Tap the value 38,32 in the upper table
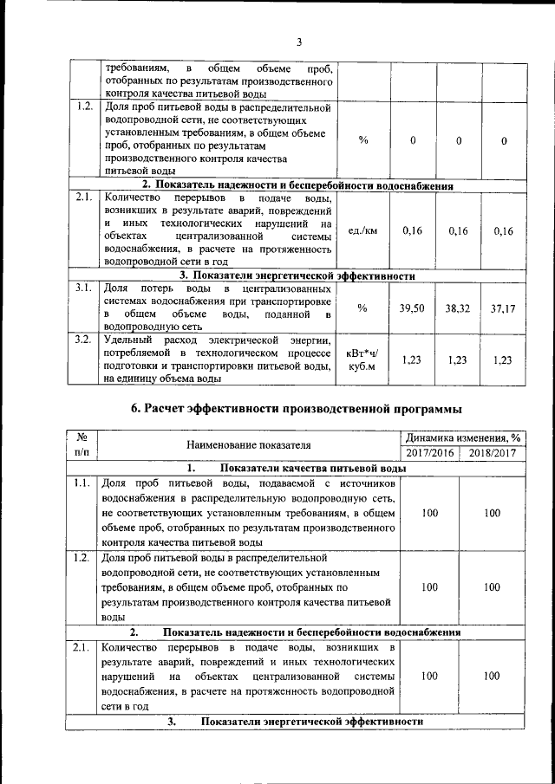point(457,308)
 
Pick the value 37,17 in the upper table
point(503,308)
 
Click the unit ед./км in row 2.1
point(362,230)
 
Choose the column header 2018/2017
point(492,453)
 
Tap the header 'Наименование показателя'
point(248,445)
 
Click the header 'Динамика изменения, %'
point(461,437)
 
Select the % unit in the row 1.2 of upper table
point(362,140)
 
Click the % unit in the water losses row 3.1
point(362,308)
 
